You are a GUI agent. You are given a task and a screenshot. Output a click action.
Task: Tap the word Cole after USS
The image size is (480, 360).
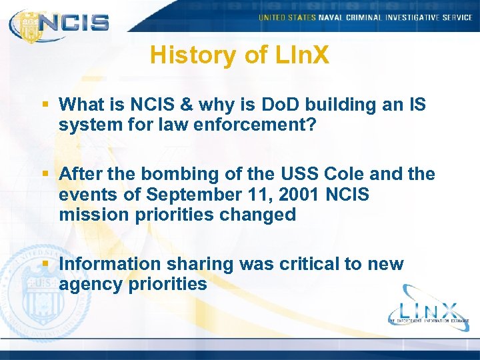click(347, 174)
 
